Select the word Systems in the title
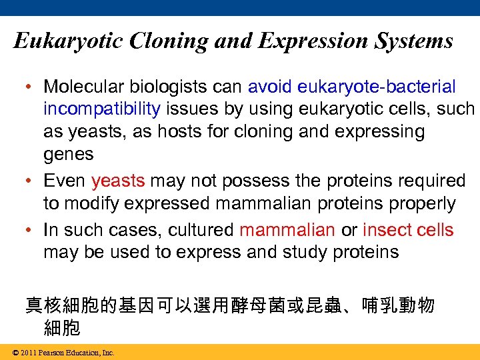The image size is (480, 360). click(414, 41)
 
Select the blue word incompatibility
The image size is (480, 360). click(101, 109)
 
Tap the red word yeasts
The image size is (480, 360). click(118, 181)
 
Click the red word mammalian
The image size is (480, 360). click(287, 230)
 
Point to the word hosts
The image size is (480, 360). click(181, 131)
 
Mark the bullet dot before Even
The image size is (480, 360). click(30, 181)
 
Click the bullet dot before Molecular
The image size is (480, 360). click(30, 87)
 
